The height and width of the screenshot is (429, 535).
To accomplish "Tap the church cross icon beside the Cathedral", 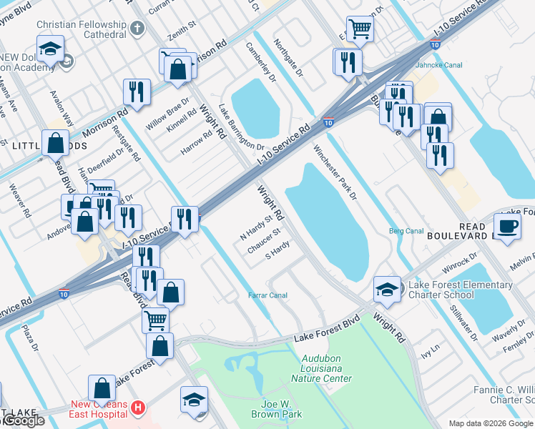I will (x=137, y=29).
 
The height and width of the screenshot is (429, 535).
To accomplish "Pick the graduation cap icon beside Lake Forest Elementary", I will (x=387, y=289).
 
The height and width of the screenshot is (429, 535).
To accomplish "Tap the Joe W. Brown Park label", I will (x=277, y=408).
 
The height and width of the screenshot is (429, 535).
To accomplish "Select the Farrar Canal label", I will (x=267, y=295).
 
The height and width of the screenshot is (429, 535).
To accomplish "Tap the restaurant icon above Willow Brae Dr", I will (x=136, y=92).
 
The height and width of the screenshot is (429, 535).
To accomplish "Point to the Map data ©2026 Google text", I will (x=491, y=423).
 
